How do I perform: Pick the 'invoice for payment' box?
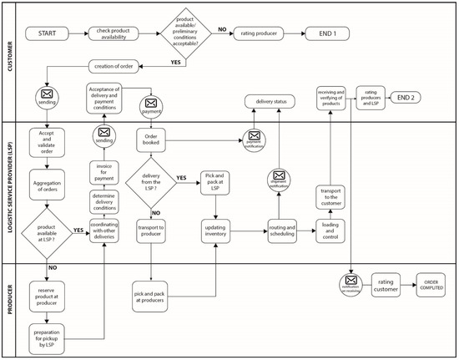(105, 172)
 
